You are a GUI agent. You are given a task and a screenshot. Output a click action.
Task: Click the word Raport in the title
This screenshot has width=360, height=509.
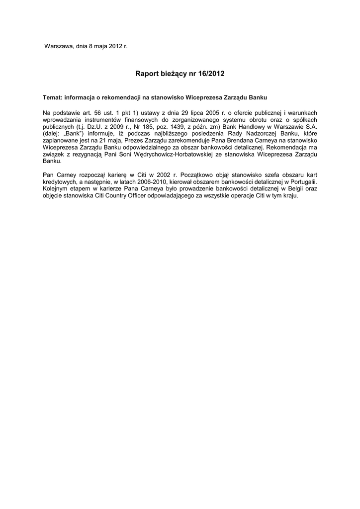click(x=146, y=74)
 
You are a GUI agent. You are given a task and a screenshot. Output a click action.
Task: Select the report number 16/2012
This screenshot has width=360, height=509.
click(x=212, y=74)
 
